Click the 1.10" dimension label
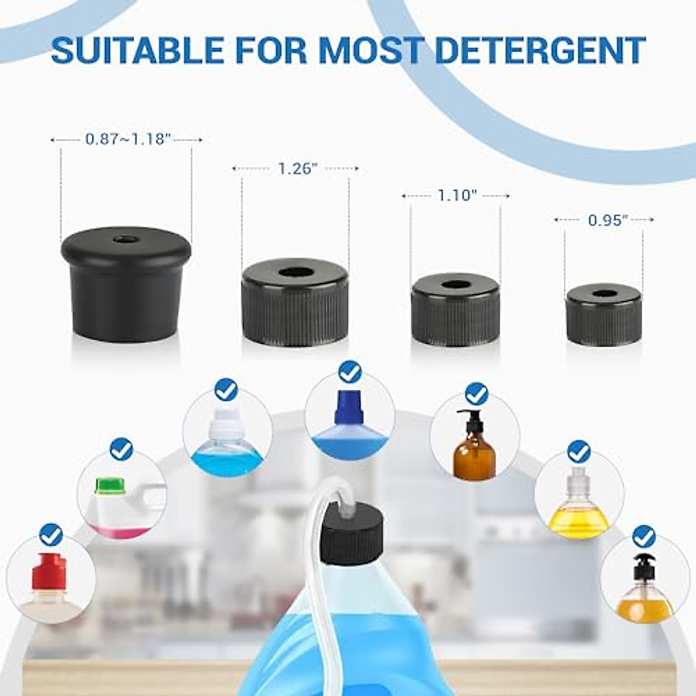457,196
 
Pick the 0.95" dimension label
608,220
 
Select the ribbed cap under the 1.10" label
455,311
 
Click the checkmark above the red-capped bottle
51,535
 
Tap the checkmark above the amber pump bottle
477,394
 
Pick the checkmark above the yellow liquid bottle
578,451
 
